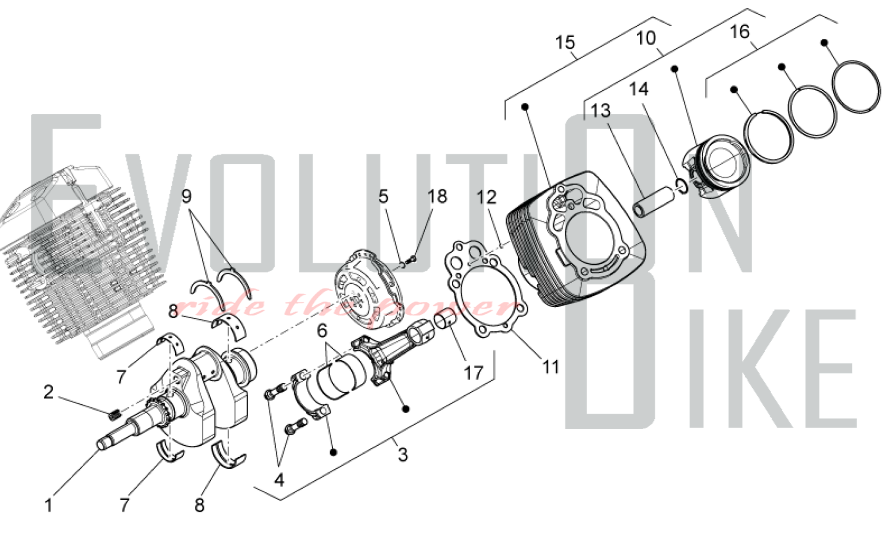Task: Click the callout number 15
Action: [565, 42]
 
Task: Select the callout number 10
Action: [646, 38]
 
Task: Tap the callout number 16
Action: [739, 31]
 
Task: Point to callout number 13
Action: [600, 111]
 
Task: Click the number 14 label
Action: [639, 89]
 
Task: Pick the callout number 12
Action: [486, 197]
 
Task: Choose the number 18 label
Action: [437, 197]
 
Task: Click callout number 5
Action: [383, 197]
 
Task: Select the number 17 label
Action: [473, 373]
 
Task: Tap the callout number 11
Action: [551, 367]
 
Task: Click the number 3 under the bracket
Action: [402, 455]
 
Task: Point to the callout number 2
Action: [48, 392]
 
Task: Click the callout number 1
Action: [49, 505]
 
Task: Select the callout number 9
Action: [186, 196]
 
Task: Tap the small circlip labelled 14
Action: [681, 186]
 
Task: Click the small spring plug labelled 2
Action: [115, 415]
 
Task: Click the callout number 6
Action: [322, 331]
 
